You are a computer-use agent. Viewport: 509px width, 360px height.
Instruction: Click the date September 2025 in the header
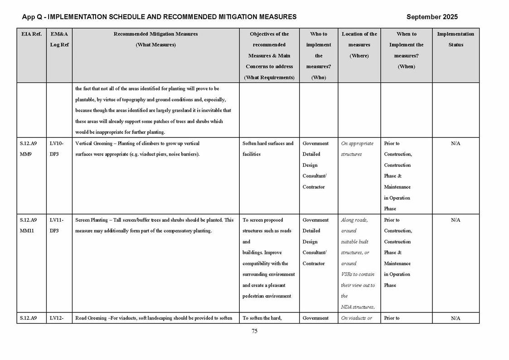pos(431,17)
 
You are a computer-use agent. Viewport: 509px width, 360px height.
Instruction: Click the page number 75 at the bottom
pos(254,331)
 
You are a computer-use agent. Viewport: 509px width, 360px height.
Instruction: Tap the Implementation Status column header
pos(455,39)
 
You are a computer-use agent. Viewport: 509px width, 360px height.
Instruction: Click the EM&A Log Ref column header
pos(59,39)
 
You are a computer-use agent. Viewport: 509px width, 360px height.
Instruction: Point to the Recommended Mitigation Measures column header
pos(155,39)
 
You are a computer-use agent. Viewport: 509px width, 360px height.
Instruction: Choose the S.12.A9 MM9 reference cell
pos(29,149)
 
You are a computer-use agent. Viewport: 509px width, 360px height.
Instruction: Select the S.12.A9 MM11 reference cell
pos(29,225)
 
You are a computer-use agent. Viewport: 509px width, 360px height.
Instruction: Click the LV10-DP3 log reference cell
pos(57,149)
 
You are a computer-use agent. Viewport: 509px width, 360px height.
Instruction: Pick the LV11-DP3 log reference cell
pos(57,225)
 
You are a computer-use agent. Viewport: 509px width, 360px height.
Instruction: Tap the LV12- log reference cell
pos(57,318)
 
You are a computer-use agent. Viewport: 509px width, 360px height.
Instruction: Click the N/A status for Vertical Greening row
pos(455,143)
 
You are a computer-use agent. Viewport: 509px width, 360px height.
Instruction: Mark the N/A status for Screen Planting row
pos(455,220)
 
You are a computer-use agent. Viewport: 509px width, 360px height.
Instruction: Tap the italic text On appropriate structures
pos(357,149)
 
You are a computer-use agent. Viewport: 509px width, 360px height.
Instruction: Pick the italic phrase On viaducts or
pos(356,318)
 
